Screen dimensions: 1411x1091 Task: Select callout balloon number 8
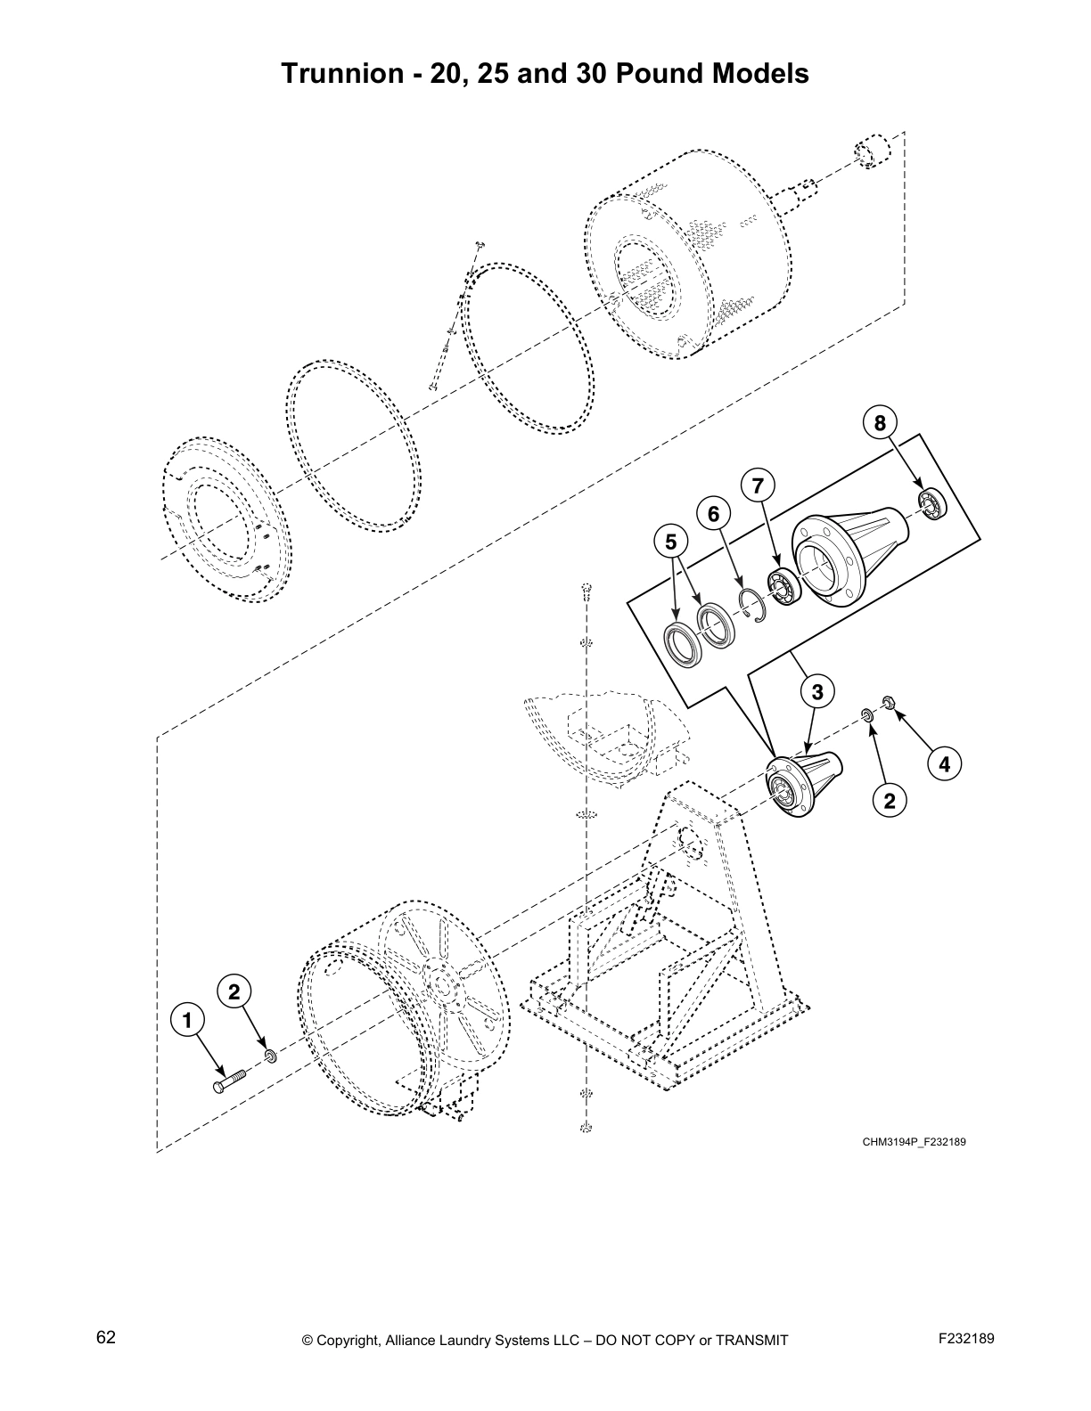click(880, 423)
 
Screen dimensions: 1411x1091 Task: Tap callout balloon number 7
click(758, 485)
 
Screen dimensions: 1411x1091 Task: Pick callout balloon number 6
click(713, 514)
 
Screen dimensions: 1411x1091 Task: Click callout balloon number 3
click(816, 690)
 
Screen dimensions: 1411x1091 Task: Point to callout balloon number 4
click(944, 763)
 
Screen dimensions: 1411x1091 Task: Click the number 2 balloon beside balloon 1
click(234, 991)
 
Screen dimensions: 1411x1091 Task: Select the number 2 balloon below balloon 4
click(889, 800)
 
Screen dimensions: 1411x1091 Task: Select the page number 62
click(106, 1338)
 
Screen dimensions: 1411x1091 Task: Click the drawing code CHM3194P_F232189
click(915, 1142)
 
